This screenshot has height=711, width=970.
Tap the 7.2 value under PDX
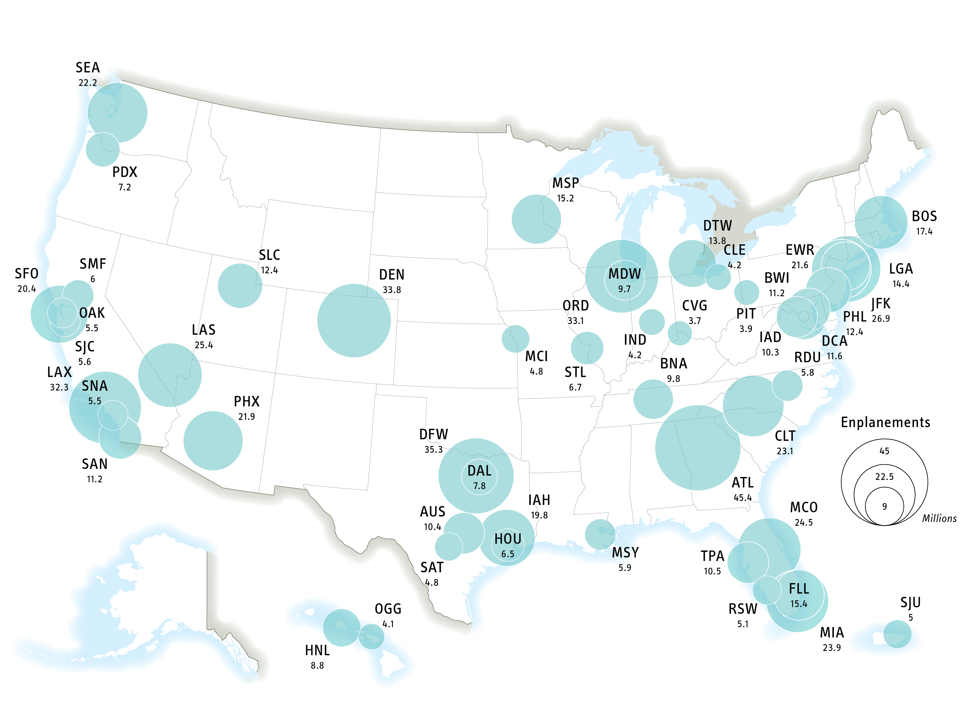point(124,187)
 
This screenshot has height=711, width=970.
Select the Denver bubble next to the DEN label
point(354,321)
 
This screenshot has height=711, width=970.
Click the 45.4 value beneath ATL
point(743,497)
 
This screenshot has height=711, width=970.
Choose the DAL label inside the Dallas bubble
point(479,471)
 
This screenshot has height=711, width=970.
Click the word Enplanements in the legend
point(885,423)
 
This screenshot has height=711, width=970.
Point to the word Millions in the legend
point(939,519)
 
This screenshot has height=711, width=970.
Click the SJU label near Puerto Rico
point(910,602)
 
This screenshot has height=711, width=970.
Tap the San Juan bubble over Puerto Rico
point(897,634)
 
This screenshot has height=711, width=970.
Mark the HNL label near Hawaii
point(317,650)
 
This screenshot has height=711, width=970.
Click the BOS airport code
point(924,216)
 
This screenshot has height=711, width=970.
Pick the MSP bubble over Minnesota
point(536,219)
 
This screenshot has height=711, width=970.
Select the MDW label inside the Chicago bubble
point(624,274)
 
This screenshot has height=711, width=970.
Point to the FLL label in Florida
point(799,588)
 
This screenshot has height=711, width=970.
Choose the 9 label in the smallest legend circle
point(884,507)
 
